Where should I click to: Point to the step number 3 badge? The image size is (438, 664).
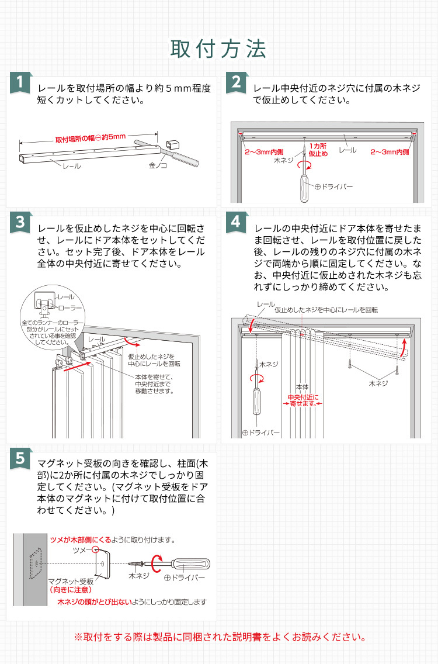pyautogui.click(x=20, y=222)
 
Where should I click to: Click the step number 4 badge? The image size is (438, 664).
pyautogui.click(x=236, y=222)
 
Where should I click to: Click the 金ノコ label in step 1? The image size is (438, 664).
pyautogui.click(x=158, y=165)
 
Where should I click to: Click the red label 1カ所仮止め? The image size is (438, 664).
pyautogui.click(x=318, y=150)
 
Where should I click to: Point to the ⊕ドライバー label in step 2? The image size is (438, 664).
pyautogui.click(x=333, y=186)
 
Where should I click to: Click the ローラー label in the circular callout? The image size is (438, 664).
pyautogui.click(x=71, y=307)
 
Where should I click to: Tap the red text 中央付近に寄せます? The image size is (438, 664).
pyautogui.click(x=302, y=400)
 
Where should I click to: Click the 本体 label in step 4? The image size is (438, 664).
pyautogui.click(x=301, y=387)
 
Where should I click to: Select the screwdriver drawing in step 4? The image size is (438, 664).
pyautogui.click(x=255, y=397)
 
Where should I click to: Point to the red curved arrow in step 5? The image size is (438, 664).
pyautogui.click(x=157, y=563)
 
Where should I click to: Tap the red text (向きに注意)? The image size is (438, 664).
pyautogui.click(x=69, y=589)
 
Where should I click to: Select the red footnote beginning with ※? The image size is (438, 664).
pyautogui.click(x=218, y=637)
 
